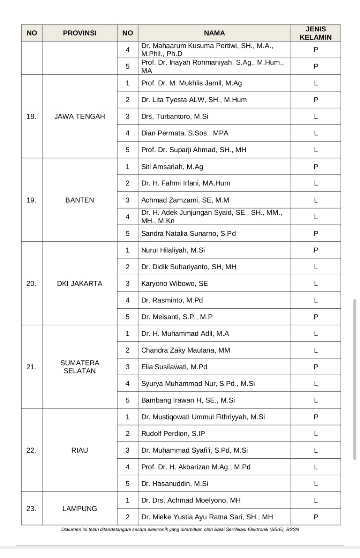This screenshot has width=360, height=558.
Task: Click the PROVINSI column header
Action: (x=80, y=33)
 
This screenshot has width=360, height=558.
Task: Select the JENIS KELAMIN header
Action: (x=316, y=33)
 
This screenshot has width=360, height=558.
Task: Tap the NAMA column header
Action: (x=214, y=33)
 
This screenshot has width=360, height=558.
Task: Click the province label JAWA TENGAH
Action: (x=80, y=116)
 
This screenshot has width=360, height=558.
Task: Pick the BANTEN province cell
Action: (x=80, y=200)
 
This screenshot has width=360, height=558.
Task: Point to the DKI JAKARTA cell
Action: (x=80, y=284)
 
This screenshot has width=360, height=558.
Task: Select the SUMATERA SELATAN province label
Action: (x=80, y=367)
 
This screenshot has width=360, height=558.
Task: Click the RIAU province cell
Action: (x=80, y=450)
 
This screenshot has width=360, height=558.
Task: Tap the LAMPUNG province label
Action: (x=80, y=509)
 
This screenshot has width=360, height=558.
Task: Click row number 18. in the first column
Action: (x=31, y=116)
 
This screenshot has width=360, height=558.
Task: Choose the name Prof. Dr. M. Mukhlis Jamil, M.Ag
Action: (x=192, y=83)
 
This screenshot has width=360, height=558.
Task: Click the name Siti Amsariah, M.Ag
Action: (x=172, y=167)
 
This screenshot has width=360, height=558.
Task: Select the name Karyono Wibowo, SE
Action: (x=174, y=284)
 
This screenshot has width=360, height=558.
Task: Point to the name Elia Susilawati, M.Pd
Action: (x=174, y=367)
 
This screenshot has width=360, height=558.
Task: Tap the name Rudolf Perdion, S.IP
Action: (x=173, y=433)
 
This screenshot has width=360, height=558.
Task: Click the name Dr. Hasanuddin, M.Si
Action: (x=174, y=484)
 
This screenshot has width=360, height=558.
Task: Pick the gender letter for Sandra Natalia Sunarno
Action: (x=316, y=233)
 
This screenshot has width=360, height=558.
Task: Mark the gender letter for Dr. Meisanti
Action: (x=316, y=317)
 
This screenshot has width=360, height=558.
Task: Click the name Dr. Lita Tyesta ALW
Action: (x=194, y=100)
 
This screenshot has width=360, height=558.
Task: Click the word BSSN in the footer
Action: (x=292, y=529)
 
